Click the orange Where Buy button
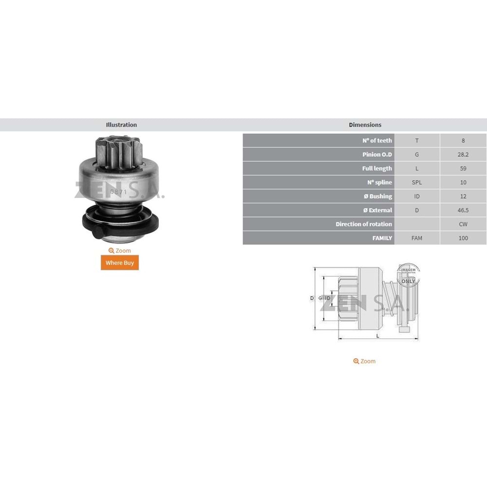pyautogui.click(x=119, y=262)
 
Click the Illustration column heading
pyautogui.click(x=121, y=125)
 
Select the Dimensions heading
pyautogui.click(x=365, y=125)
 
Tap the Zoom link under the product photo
pyautogui.click(x=120, y=251)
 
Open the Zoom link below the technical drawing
pyautogui.click(x=364, y=361)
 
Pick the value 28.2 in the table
pyautogui.click(x=463, y=154)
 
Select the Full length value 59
pyautogui.click(x=463, y=169)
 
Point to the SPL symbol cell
pyautogui.click(x=417, y=183)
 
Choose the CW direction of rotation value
pyautogui.click(x=463, y=224)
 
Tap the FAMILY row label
pyautogui.click(x=382, y=238)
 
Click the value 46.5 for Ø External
pyautogui.click(x=463, y=210)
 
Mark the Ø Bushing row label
pyautogui.click(x=377, y=196)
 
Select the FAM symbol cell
pyautogui.click(x=417, y=238)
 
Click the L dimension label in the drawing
pyautogui.click(x=378, y=336)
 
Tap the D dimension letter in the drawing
pyautogui.click(x=312, y=298)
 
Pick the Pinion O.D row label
pyautogui.click(x=377, y=154)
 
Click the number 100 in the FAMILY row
pyautogui.click(x=463, y=238)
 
